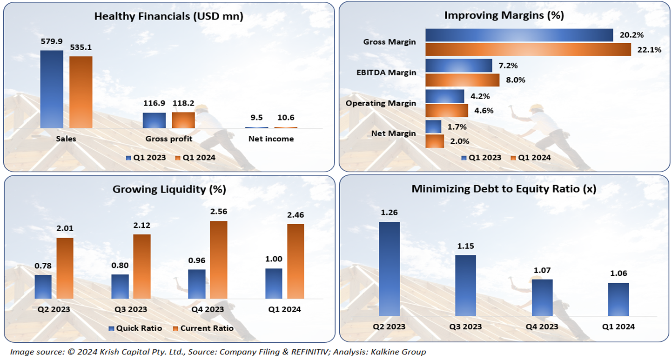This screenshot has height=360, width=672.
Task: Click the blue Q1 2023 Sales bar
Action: click(x=52, y=89)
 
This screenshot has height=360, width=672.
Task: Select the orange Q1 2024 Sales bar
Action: click(x=81, y=92)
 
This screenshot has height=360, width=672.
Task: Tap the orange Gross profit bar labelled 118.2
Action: click(x=183, y=120)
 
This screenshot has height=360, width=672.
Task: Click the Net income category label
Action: click(x=271, y=139)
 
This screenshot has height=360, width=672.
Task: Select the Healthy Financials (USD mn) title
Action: click(x=169, y=16)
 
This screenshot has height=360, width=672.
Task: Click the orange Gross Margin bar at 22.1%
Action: click(x=528, y=49)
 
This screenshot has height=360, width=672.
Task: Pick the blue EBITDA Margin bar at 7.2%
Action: click(x=459, y=66)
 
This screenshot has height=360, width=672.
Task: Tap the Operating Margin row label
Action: click(x=381, y=103)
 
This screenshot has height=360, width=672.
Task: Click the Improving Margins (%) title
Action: click(x=504, y=15)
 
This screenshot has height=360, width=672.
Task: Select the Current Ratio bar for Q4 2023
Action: click(x=218, y=260)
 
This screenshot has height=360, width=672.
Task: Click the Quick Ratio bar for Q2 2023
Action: click(x=43, y=287)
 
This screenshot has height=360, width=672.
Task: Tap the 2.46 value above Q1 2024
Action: click(x=296, y=215)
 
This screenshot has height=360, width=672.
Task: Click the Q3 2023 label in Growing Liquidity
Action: click(x=131, y=309)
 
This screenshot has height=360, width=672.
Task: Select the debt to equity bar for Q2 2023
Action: click(x=389, y=269)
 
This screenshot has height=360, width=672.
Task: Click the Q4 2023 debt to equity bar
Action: click(x=542, y=298)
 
